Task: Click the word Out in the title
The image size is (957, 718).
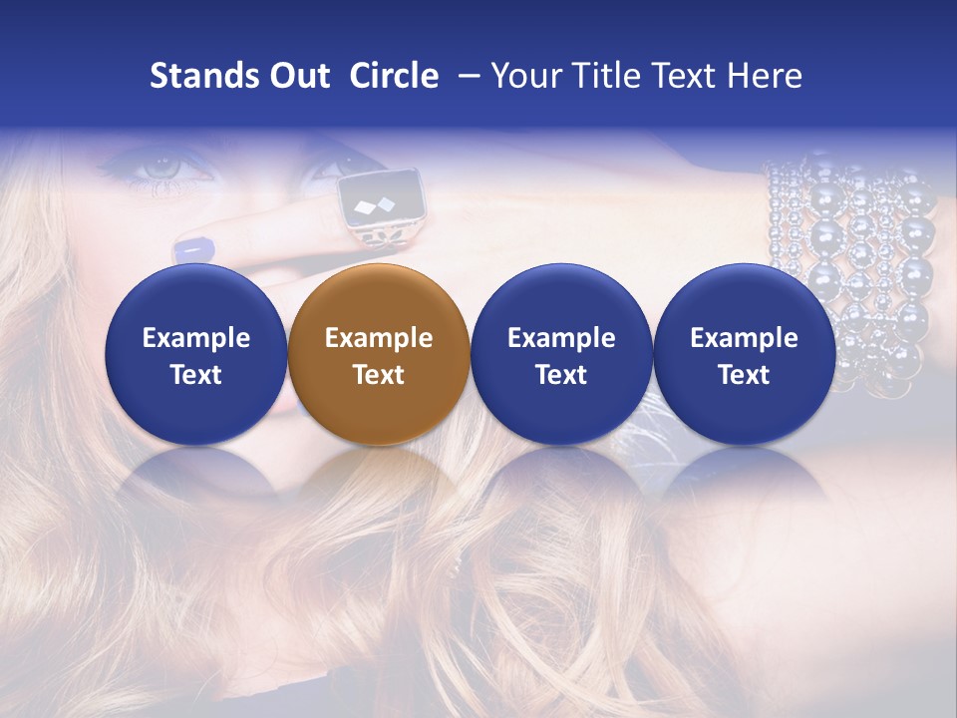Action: point(299,76)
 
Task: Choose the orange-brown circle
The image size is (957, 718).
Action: point(378,355)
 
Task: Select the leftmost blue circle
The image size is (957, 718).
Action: point(195,355)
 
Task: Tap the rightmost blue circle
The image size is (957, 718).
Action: point(744,355)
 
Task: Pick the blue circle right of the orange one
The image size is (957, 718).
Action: point(561,355)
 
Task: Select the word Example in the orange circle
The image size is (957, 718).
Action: point(379,338)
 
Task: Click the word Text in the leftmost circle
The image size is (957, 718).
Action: point(196,375)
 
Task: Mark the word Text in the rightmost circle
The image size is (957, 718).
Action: point(744,375)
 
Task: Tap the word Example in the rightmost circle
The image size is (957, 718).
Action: point(744,338)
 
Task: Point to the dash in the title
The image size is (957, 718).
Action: point(469,76)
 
